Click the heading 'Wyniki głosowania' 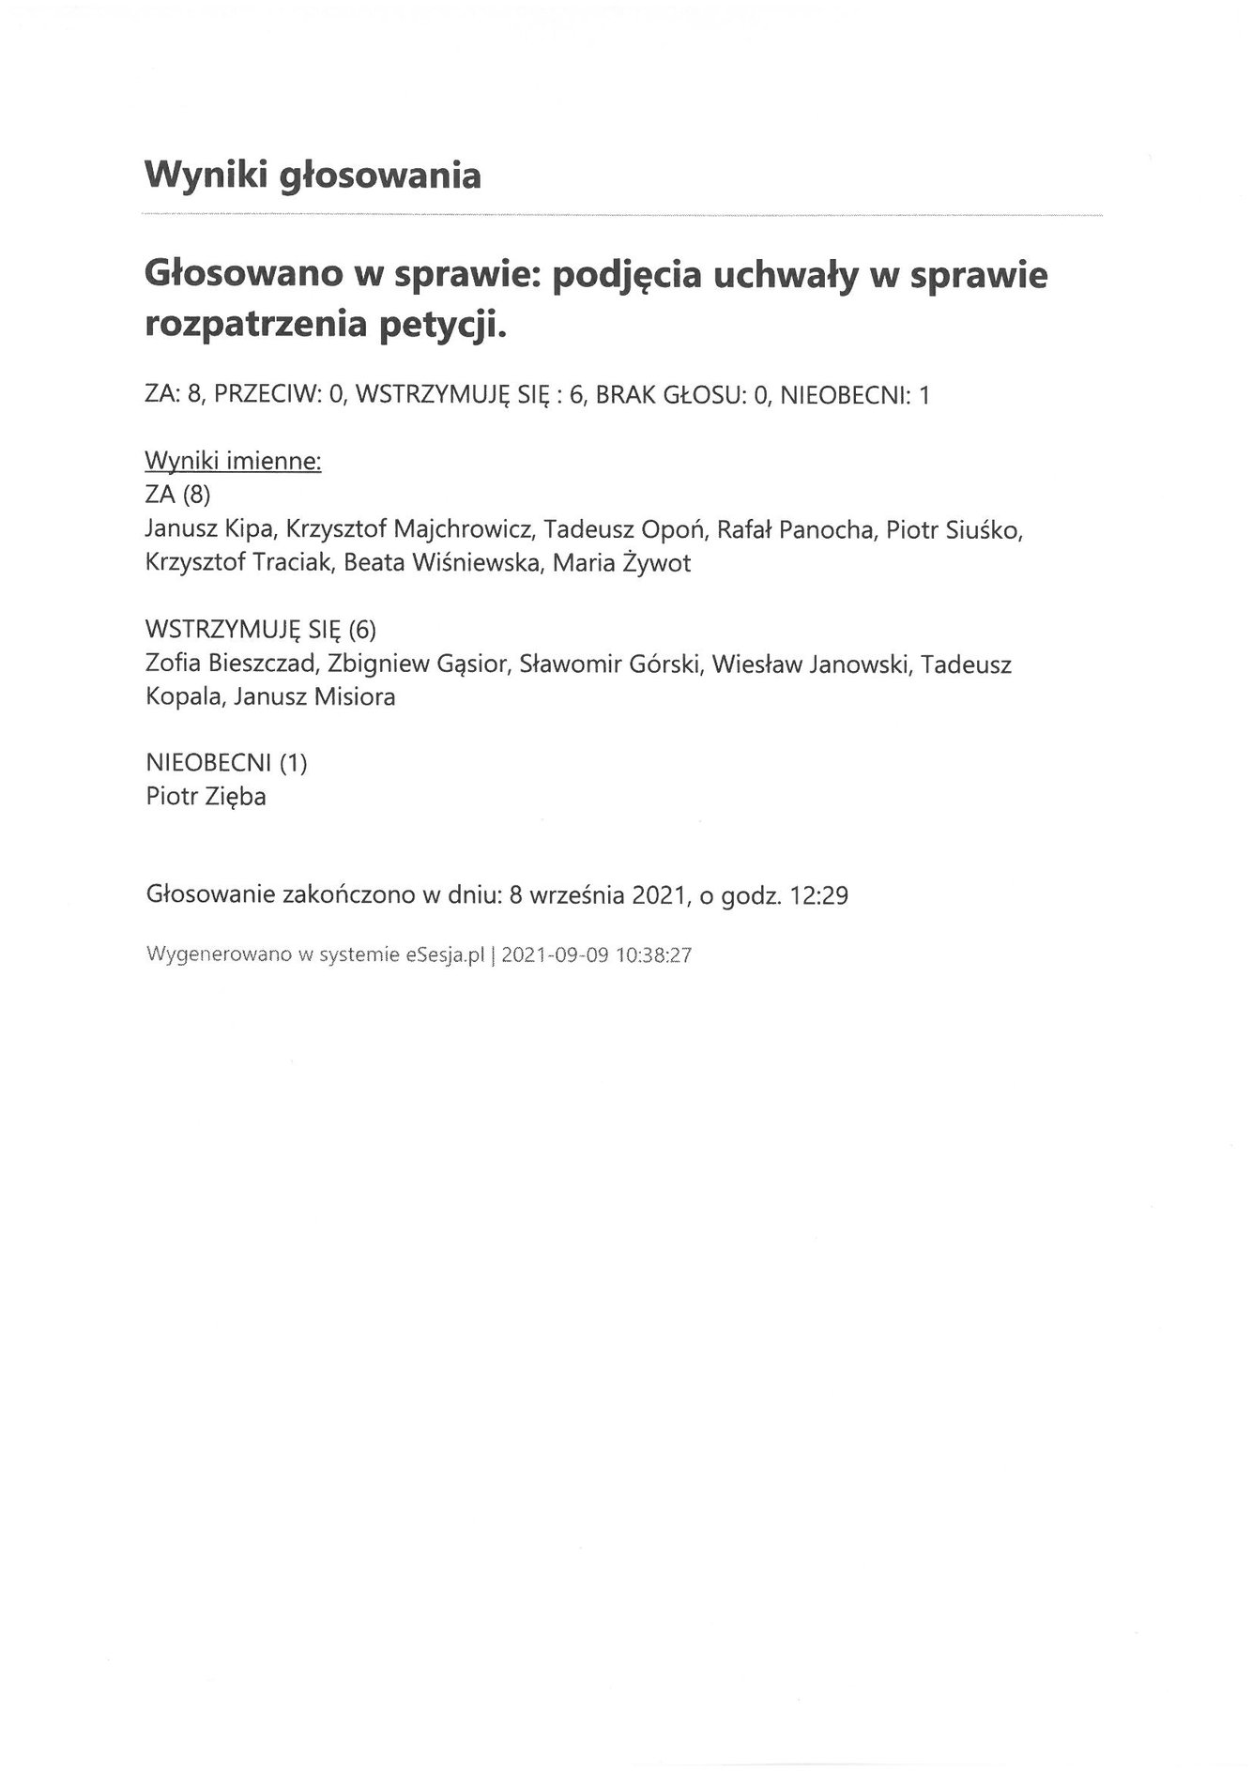tap(313, 176)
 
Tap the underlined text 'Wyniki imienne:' tap(233, 462)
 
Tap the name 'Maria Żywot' tap(621, 563)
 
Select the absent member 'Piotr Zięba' tap(206, 797)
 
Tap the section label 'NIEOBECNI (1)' tap(226, 763)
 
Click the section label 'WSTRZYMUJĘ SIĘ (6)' tap(261, 630)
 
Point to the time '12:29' tap(819, 895)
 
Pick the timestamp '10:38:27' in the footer tap(654, 955)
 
